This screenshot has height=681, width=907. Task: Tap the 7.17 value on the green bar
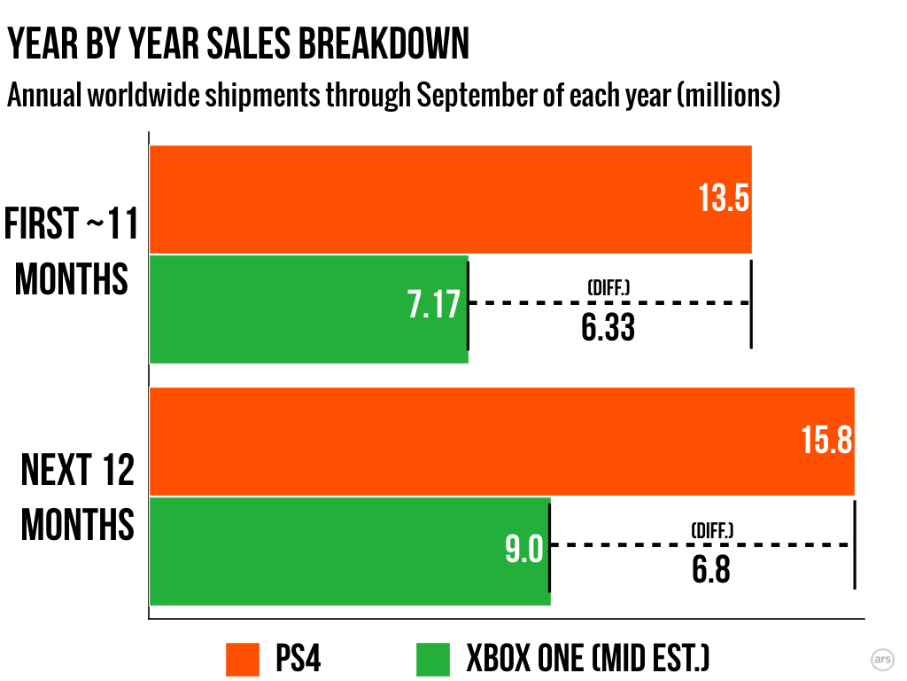[434, 304]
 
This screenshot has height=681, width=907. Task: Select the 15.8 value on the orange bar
[826, 441]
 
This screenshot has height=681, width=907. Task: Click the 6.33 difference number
[609, 329]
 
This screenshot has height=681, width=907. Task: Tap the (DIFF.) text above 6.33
[609, 287]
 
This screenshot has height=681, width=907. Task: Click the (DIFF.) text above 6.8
[712, 530]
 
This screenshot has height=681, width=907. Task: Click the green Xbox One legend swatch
[437, 659]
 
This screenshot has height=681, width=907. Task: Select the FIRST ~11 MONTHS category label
[72, 252]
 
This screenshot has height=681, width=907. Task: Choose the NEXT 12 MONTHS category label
[77, 497]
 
